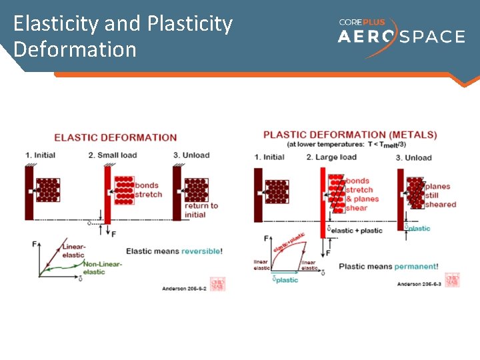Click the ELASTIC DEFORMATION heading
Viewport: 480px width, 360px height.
(x=115, y=138)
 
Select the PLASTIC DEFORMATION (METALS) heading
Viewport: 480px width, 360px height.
(x=350, y=135)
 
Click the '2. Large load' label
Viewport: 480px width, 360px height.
(x=331, y=157)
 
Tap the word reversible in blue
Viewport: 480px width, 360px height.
(x=201, y=251)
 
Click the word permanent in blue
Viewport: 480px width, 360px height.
(x=416, y=267)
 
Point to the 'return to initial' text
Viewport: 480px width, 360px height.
(x=201, y=210)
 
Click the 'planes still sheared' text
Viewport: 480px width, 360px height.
(x=440, y=195)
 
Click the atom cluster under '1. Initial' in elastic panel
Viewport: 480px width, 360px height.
(x=47, y=190)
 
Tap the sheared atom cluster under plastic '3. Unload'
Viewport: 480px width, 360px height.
(x=415, y=193)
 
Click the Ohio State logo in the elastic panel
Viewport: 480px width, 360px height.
(x=217, y=284)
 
